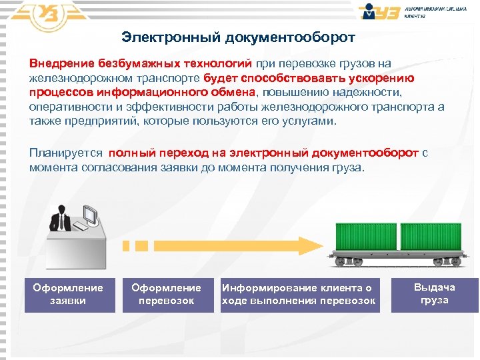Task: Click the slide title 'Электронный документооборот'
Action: point(239,37)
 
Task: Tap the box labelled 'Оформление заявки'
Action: point(68,295)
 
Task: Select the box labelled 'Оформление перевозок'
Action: point(166,295)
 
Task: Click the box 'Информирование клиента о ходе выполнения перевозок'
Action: point(299,295)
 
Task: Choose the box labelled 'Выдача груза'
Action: point(434,295)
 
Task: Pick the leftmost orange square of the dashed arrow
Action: point(126,245)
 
